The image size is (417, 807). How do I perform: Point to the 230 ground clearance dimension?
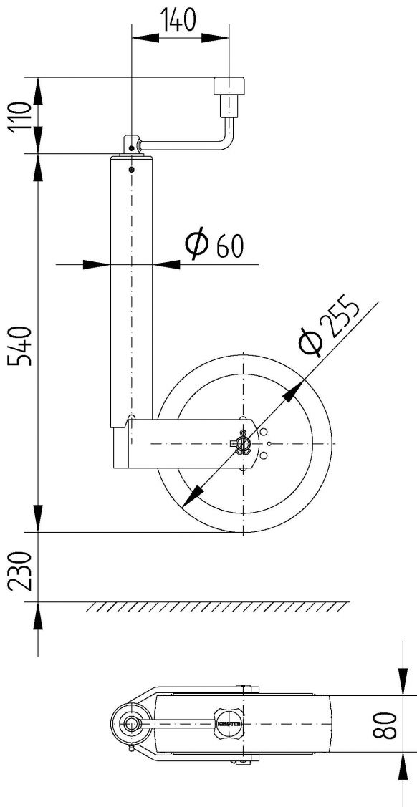point(21,570)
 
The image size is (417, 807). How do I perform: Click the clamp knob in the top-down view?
point(228,724)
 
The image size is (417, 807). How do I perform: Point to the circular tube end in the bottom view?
point(131,724)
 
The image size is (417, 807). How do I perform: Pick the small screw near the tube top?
point(132,170)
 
